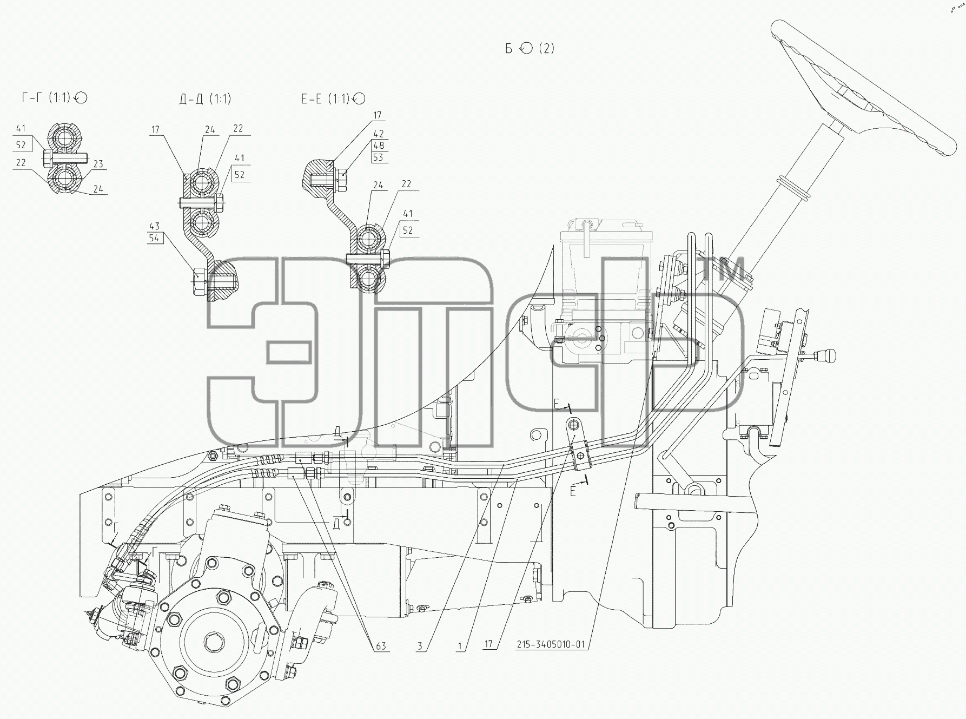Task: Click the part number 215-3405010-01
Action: click(550, 645)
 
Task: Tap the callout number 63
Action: click(381, 646)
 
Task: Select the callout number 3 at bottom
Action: click(420, 646)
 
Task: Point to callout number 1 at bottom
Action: click(460, 646)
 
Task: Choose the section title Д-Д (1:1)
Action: click(205, 98)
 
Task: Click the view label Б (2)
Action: click(530, 48)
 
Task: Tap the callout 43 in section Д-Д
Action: click(155, 226)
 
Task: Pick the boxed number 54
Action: click(155, 238)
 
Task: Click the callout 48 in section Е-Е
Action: click(379, 146)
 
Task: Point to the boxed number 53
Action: click(378, 157)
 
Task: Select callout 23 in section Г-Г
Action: click(98, 164)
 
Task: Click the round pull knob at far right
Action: click(827, 356)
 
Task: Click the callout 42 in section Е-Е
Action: click(379, 134)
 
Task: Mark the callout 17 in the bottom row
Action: click(488, 644)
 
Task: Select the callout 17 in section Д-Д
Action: click(156, 130)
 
